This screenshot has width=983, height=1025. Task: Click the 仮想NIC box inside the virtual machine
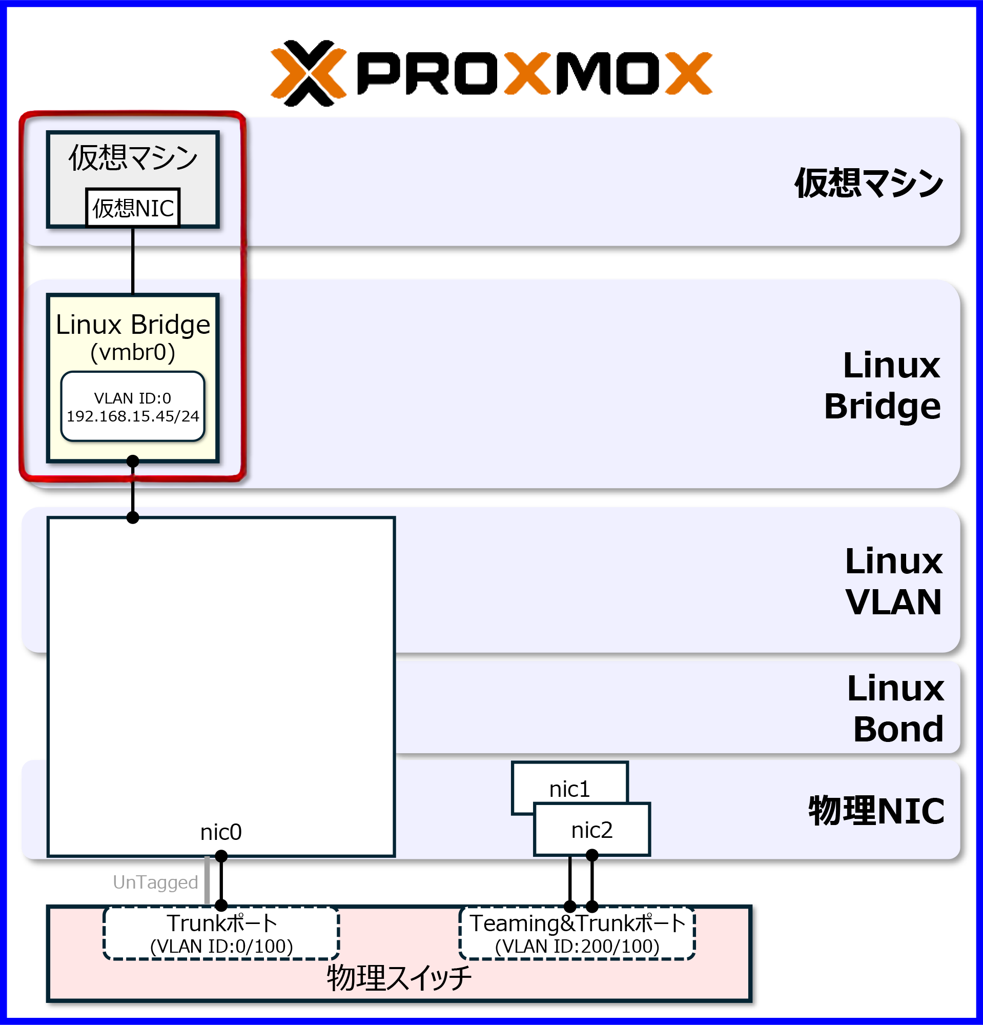133,208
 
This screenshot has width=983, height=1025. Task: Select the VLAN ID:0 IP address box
133,407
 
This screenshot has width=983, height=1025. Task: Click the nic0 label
220,832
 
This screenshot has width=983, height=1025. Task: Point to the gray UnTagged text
155,882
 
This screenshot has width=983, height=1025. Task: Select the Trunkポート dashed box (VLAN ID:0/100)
221,934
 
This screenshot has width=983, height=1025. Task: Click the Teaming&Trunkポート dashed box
577,934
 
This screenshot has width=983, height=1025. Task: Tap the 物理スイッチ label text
399,978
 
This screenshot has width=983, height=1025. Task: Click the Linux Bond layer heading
896,708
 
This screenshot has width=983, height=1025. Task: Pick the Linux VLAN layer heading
894,581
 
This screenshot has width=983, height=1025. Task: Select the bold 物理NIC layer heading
876,811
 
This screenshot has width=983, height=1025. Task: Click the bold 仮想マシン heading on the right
869,184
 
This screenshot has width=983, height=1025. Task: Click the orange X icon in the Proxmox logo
309,73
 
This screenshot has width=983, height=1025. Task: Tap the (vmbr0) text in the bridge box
133,352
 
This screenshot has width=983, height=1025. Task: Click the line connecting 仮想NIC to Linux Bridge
133,260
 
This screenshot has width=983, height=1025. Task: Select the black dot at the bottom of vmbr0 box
133,461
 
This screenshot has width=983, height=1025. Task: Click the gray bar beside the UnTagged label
207,880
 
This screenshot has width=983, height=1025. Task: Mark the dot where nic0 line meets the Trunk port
221,905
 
